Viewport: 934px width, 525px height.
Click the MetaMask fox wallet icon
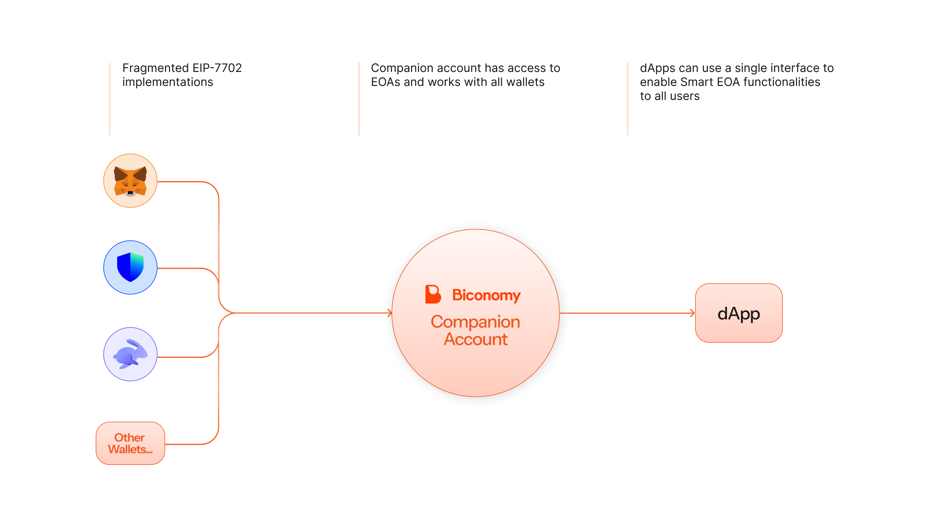(130, 181)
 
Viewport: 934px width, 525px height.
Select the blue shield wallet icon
(130, 268)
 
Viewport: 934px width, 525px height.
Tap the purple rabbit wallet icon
(130, 354)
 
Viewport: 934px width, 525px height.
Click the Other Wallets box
(130, 443)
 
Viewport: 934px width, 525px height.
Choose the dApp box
(739, 313)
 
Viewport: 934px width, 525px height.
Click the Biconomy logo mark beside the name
(433, 294)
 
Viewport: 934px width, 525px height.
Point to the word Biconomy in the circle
(486, 296)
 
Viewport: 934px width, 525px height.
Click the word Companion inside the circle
(476, 322)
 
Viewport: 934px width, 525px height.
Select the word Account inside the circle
(476, 339)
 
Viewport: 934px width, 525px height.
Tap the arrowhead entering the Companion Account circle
(390, 313)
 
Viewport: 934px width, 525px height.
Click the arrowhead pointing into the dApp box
(693, 313)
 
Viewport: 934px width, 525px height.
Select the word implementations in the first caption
(168, 82)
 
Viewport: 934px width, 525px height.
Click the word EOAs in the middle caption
(386, 82)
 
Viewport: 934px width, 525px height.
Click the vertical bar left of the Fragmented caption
(110, 99)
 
